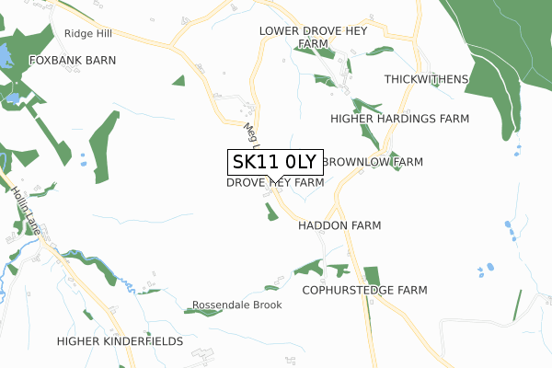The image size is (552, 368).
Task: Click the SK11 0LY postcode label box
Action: point(275,163)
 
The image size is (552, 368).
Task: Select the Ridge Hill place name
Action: point(88,33)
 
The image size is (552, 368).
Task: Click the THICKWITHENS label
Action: point(426,79)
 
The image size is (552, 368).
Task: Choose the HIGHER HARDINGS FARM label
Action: point(399,119)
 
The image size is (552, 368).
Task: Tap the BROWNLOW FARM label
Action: point(373,161)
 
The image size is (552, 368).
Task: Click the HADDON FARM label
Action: point(339,224)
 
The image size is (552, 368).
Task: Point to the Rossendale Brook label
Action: point(236,305)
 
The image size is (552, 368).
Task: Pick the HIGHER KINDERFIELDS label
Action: point(120,341)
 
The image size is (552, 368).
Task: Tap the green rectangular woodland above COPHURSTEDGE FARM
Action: point(372,275)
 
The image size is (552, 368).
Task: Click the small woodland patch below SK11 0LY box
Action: point(270,212)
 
